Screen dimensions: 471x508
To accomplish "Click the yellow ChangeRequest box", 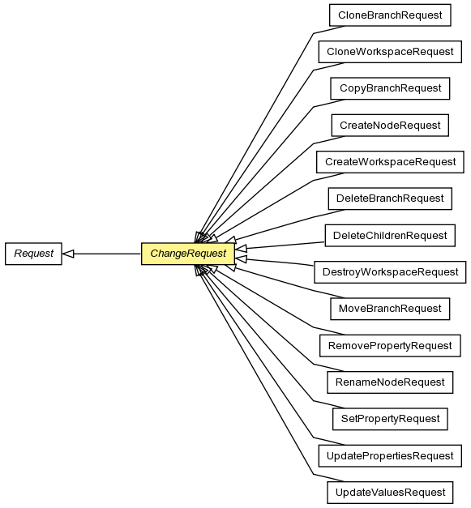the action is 188,254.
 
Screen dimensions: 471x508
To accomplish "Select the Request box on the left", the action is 33,254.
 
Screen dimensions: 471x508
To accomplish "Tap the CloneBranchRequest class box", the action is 390,15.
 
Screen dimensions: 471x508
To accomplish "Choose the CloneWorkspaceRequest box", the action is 390,52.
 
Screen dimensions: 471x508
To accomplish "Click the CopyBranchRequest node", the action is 390,88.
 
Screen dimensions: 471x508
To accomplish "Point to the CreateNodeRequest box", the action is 390,125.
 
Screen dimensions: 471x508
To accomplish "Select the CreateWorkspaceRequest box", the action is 390,162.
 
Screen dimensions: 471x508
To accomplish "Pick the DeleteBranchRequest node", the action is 390,199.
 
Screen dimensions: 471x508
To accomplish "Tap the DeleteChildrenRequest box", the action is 390,235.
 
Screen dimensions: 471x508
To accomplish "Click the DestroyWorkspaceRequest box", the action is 390,271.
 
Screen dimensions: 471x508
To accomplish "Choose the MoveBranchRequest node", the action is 390,309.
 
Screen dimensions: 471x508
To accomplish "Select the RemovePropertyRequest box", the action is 390,345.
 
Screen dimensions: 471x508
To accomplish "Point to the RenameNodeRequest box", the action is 390,382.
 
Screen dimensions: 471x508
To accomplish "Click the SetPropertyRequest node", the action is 390,419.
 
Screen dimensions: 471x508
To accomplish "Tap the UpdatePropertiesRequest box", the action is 390,455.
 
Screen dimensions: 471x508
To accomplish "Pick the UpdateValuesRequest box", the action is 390,492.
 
